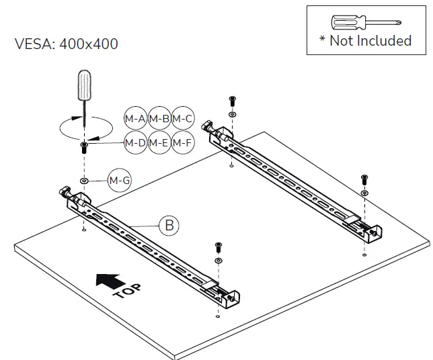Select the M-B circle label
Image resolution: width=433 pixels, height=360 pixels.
click(159, 119)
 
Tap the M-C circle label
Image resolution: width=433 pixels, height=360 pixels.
click(183, 119)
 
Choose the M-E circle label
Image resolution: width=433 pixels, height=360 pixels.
click(159, 142)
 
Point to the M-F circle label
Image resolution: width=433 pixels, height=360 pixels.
click(183, 142)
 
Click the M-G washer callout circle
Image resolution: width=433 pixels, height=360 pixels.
click(119, 181)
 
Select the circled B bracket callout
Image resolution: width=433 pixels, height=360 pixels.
click(169, 225)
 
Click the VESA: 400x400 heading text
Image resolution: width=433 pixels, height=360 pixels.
click(66, 44)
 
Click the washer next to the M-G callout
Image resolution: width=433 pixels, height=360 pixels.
click(84, 181)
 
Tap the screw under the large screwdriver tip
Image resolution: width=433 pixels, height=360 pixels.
click(84, 148)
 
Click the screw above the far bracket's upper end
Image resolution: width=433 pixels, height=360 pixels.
click(232, 101)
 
